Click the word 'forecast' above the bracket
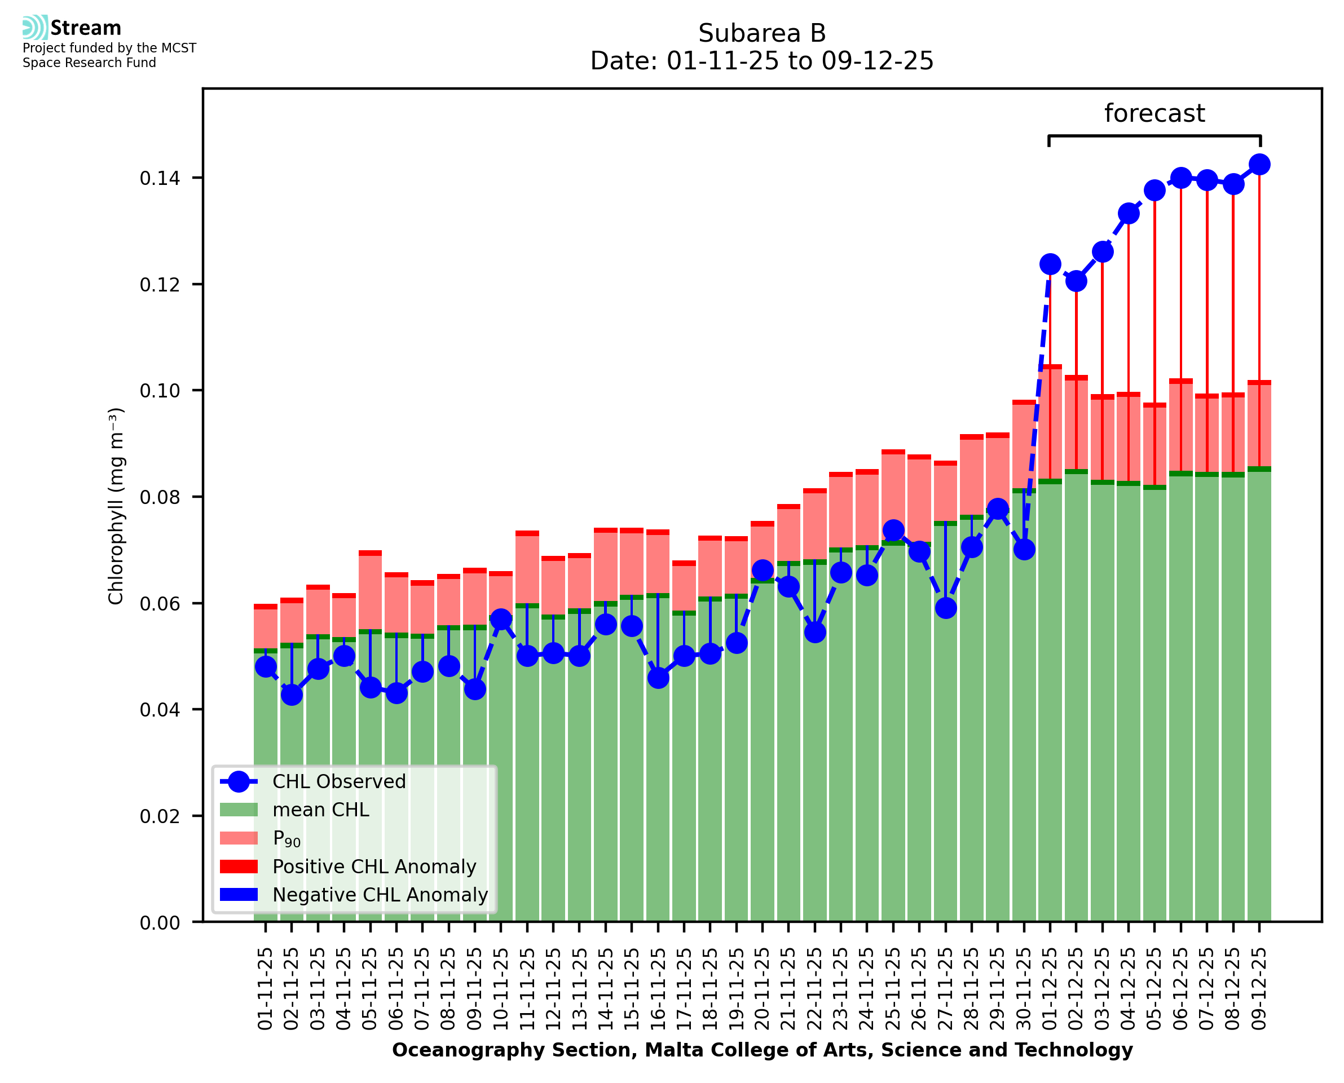coord(1154,113)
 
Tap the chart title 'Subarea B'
coord(761,33)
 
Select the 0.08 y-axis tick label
coord(160,497)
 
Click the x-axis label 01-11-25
coord(265,989)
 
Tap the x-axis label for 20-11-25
coord(762,989)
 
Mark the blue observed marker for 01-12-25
coord(1050,264)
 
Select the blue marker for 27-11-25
coord(945,608)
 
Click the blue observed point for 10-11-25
coord(500,620)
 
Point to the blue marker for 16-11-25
coord(658,678)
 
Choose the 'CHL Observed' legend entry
coord(339,782)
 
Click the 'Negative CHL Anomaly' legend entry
coord(380,895)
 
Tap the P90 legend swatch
coord(239,838)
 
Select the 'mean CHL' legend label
coord(321,810)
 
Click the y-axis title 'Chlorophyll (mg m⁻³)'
coord(116,506)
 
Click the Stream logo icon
coord(35,28)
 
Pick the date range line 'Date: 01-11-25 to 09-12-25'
coord(761,61)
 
